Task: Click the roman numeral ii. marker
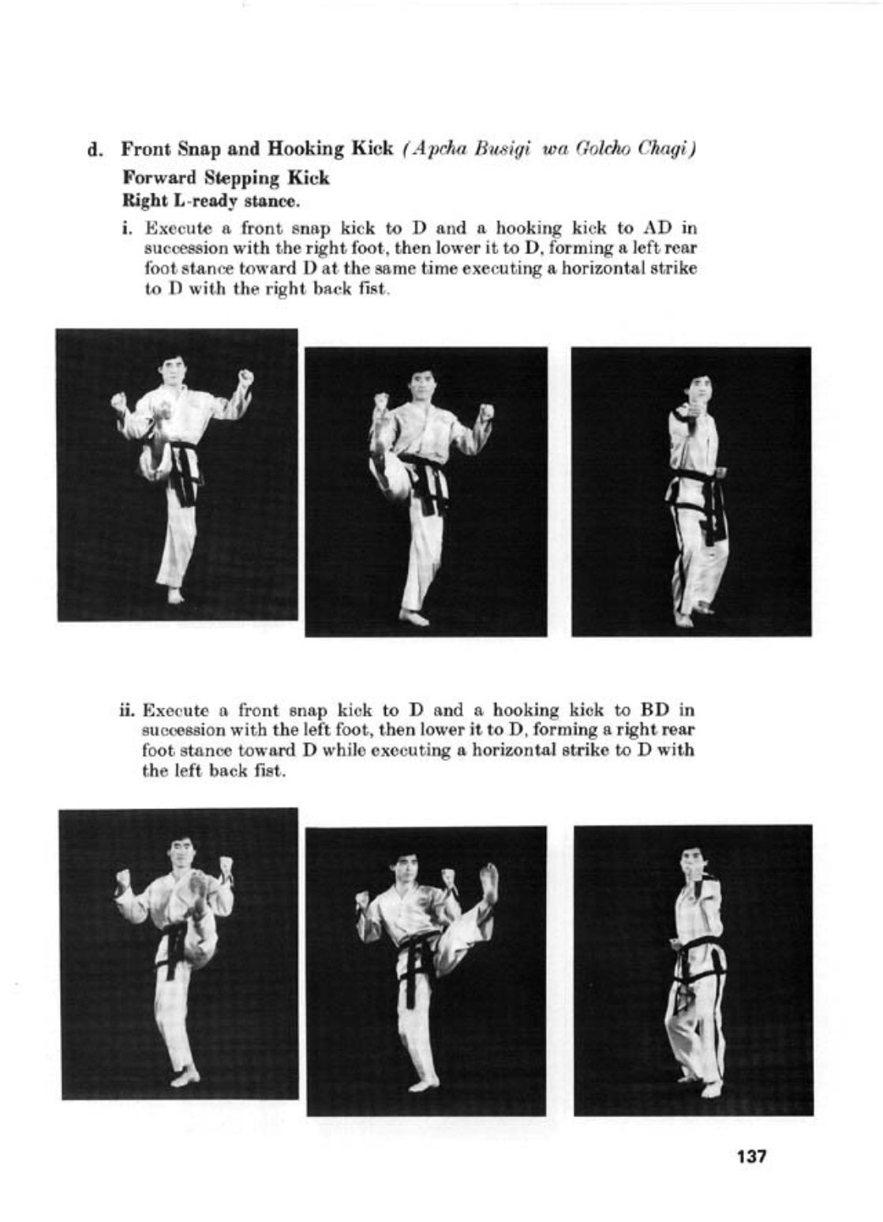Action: tap(126, 710)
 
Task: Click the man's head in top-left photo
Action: tap(174, 372)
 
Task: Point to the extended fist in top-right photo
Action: tap(680, 415)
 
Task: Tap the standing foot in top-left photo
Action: tap(175, 595)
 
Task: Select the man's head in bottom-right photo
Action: tap(691, 860)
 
